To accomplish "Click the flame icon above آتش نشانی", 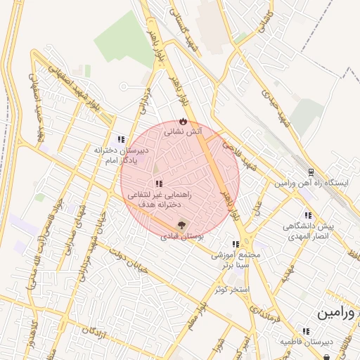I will click(184, 121).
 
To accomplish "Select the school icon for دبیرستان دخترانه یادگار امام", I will click(121, 139).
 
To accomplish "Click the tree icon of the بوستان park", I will click(182, 226).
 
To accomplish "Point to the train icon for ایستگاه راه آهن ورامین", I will click(311, 172).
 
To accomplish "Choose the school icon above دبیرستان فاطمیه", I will click(305, 330).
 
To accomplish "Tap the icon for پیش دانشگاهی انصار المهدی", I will click(307, 215).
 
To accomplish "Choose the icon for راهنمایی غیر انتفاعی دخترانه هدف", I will click(157, 184).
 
